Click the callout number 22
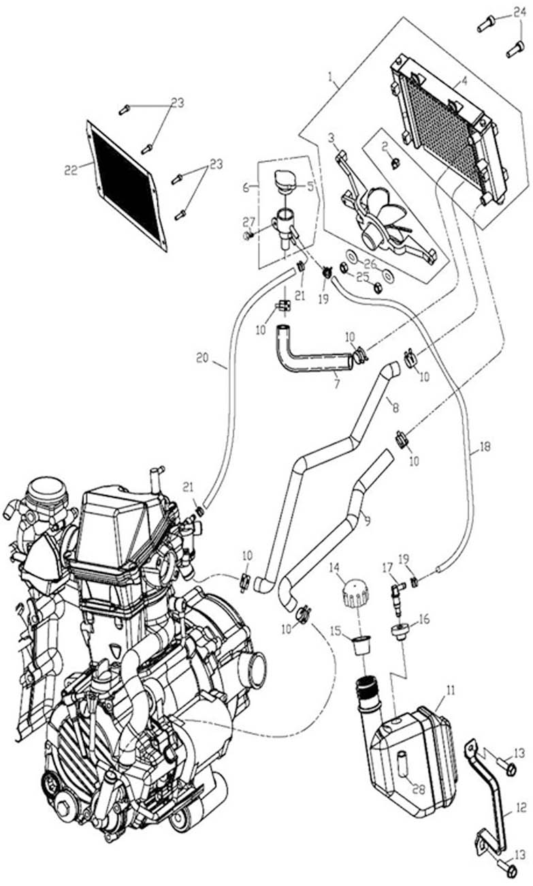(x=71, y=170)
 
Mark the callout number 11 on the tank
(x=449, y=690)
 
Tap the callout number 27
(x=248, y=221)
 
